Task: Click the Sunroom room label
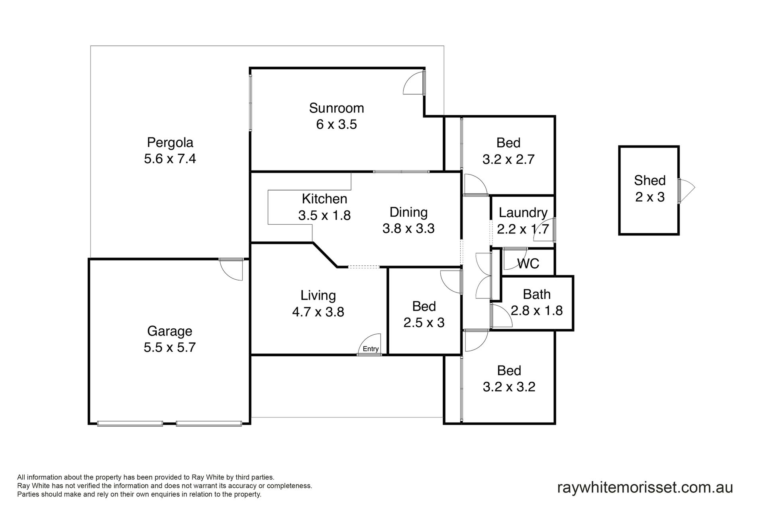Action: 337,108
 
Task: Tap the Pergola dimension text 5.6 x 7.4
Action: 170,159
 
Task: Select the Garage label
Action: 170,331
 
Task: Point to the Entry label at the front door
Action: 371,349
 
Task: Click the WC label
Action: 528,263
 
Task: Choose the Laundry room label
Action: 523,213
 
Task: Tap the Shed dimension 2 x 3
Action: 650,197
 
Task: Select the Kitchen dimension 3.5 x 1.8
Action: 324,215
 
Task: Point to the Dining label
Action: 408,212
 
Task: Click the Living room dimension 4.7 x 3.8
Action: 318,312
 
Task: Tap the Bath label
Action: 537,294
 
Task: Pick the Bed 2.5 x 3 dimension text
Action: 424,322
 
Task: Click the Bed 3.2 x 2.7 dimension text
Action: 508,159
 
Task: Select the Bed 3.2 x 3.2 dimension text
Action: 509,387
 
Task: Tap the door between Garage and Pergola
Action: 231,270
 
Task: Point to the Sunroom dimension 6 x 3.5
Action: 337,124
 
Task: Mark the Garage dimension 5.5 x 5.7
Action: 170,347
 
